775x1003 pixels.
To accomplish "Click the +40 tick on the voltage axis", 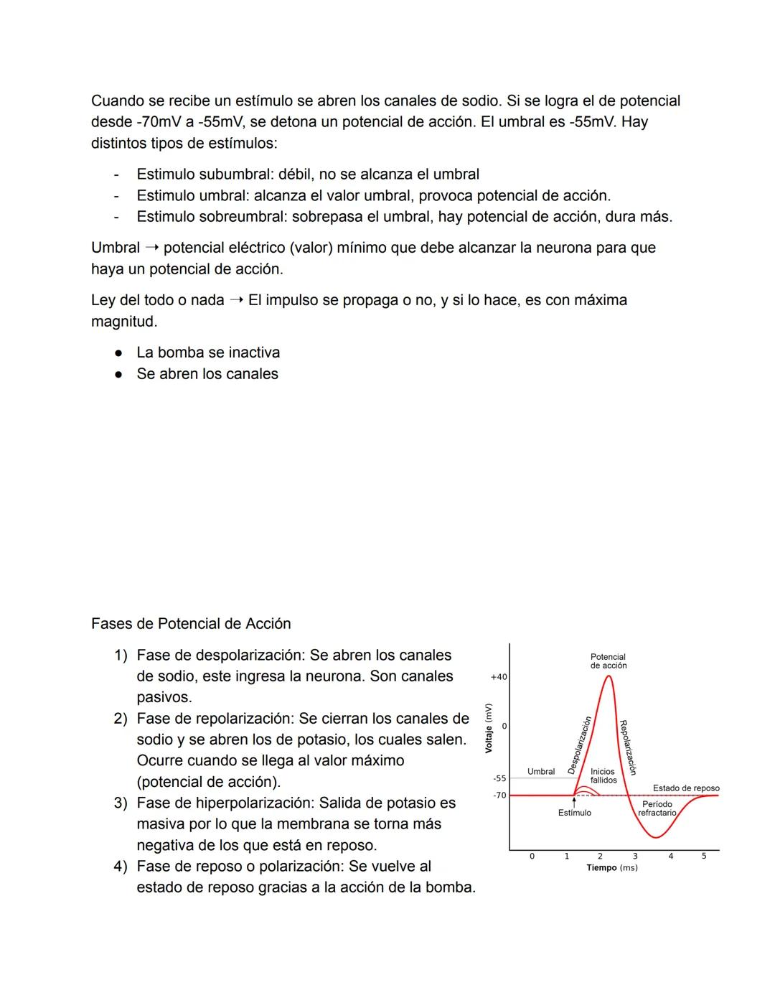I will point(499,677).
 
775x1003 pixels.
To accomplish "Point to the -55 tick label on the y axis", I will point(499,778).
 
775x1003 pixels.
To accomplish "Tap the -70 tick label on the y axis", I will point(499,796).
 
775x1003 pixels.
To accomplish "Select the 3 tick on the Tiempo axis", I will point(635,856).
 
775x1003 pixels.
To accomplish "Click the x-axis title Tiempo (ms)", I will point(611,868).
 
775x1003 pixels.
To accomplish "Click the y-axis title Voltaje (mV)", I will point(488,728).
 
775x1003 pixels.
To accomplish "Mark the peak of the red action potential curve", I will point(609,676).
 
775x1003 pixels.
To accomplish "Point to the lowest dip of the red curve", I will point(654,837).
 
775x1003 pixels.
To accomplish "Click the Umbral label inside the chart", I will point(541,772).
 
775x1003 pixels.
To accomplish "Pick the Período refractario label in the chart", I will point(657,808).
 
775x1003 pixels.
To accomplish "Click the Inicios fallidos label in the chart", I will point(603,776).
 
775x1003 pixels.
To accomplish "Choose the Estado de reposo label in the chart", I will point(685,788).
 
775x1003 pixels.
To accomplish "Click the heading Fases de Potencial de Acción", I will point(191,624).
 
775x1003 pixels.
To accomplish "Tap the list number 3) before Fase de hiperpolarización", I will point(120,803).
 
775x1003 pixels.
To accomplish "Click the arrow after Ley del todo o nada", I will point(236,301).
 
